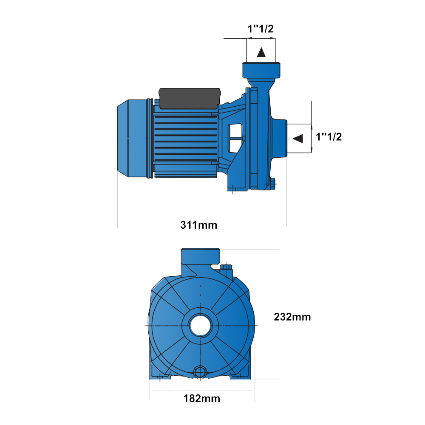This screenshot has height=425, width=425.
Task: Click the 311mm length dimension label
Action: (198, 225)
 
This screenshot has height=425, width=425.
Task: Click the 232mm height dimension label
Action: (292, 317)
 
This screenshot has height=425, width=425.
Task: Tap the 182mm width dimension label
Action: (201, 399)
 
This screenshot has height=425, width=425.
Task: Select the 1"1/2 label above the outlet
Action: (261, 29)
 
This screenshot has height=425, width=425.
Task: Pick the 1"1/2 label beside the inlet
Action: (329, 137)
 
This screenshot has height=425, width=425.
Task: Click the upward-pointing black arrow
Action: (261, 52)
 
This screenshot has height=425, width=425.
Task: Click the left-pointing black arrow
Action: (298, 139)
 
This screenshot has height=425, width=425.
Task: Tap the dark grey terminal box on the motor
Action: (190, 99)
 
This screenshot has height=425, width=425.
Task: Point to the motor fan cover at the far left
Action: (133, 139)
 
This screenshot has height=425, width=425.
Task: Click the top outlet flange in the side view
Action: (261, 71)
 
